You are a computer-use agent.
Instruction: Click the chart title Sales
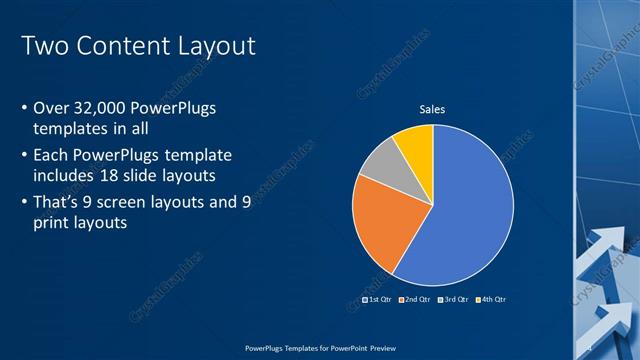click(432, 109)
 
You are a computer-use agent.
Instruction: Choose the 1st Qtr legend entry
click(376, 299)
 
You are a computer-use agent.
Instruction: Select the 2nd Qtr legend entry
click(414, 299)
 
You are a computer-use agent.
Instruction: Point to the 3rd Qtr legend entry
click(452, 299)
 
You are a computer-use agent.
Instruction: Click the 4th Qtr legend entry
click(490, 299)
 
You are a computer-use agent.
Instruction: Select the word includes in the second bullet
click(66, 177)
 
